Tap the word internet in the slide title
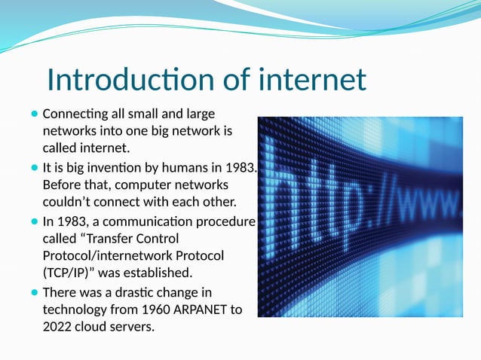[x=312, y=80]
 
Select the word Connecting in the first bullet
[x=72, y=114]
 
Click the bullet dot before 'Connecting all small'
[x=35, y=114]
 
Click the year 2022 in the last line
[x=58, y=326]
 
